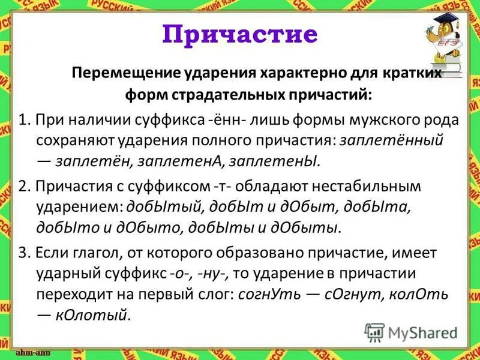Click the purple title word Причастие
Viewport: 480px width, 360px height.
239,34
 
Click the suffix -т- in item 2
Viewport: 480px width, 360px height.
237,186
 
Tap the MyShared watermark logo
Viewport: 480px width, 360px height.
410,332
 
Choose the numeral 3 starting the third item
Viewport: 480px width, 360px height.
23,253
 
